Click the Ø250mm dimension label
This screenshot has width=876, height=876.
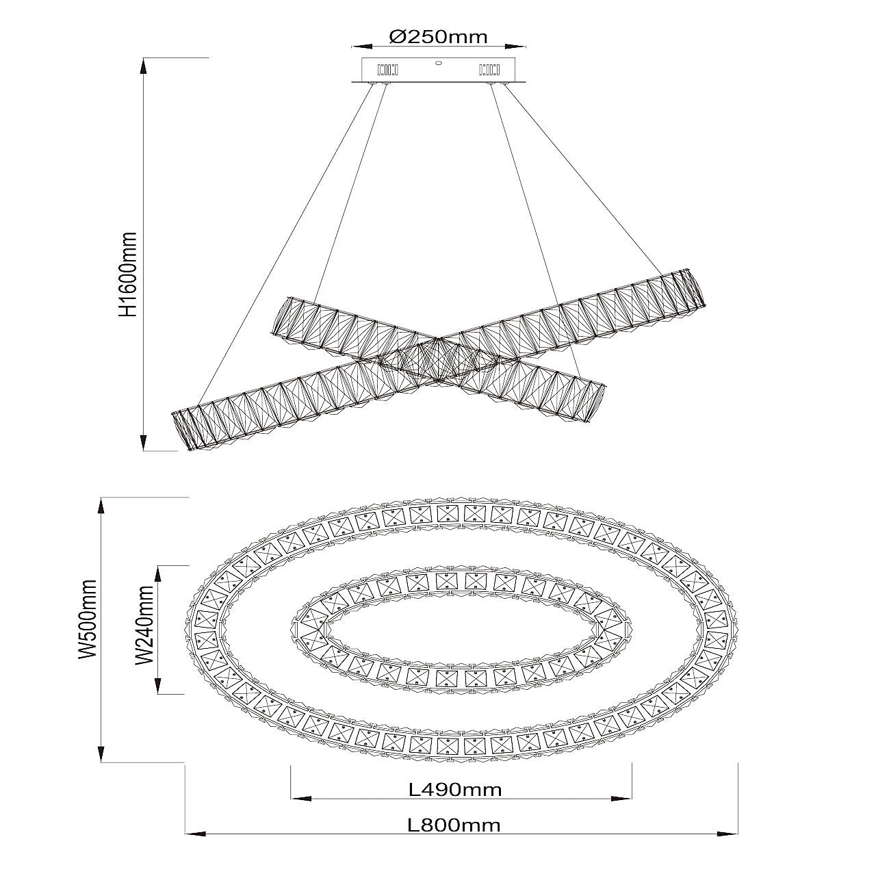point(438,36)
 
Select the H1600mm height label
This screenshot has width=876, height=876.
point(127,274)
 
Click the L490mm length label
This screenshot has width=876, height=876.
point(455,790)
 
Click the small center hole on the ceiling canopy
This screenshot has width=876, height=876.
point(439,64)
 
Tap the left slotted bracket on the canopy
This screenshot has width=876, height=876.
point(388,70)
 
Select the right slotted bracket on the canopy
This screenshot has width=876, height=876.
point(489,70)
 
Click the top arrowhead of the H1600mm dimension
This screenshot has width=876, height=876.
point(144,67)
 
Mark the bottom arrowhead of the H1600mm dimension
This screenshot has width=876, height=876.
point(144,442)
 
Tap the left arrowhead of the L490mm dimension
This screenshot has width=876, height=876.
point(301,798)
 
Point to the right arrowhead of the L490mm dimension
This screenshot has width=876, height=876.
point(622,798)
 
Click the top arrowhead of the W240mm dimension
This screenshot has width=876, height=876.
point(157,575)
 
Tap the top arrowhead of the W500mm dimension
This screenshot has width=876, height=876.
point(101,506)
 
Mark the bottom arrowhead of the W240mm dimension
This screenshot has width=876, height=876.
point(157,685)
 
